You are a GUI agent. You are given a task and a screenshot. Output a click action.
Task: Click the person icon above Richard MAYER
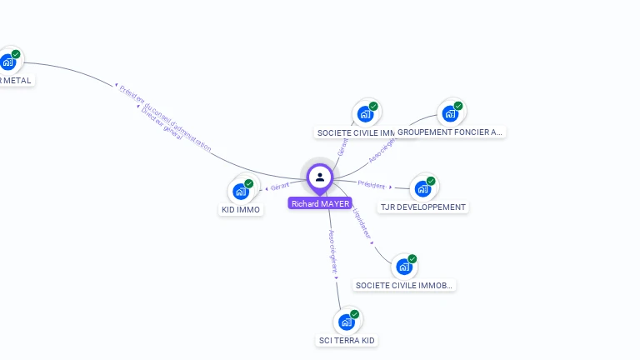(320, 177)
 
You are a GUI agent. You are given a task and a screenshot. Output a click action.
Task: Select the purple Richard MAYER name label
(320, 203)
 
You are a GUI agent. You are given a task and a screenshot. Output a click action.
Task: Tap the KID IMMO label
(241, 210)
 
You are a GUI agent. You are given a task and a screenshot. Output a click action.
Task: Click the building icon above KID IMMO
(241, 191)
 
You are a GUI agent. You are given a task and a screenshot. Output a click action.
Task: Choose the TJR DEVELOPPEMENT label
(423, 207)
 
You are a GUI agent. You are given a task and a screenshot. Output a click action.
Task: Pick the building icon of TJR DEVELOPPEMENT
(422, 188)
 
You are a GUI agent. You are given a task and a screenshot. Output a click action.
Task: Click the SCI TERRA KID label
(347, 340)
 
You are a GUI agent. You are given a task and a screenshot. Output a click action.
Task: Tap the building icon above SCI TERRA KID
(347, 322)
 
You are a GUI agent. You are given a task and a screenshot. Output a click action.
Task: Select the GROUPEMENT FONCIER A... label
(450, 132)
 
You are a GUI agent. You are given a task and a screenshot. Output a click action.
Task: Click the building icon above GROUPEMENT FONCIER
(450, 113)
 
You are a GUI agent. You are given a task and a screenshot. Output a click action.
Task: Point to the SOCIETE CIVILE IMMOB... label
(404, 285)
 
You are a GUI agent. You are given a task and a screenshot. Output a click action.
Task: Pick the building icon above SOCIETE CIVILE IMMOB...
(404, 267)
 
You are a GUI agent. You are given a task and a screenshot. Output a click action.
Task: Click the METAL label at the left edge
(15, 81)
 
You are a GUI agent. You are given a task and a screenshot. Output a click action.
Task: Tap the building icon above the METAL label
(8, 62)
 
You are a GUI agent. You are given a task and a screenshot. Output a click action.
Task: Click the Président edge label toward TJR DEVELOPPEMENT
(372, 184)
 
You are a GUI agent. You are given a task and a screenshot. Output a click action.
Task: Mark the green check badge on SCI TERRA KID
(355, 314)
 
